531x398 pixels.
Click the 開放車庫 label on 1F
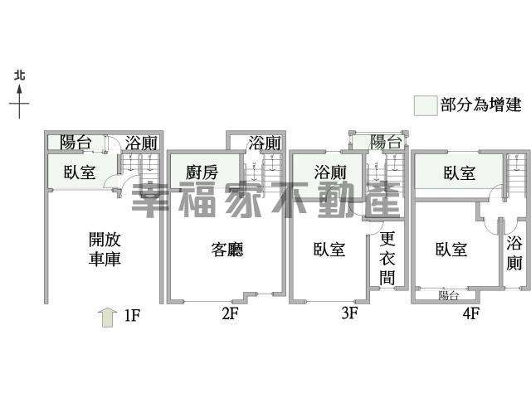point(105,249)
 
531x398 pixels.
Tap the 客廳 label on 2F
point(227,250)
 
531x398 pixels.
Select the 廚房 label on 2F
point(202,172)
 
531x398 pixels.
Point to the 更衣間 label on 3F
point(387,258)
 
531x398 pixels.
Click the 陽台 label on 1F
point(76,142)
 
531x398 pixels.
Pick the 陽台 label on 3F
point(386,142)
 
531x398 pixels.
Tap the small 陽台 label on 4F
point(448,295)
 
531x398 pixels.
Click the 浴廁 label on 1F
point(141,143)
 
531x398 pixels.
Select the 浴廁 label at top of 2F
point(264,143)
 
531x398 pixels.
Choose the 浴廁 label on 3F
point(330,172)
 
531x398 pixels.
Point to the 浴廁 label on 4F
point(514,253)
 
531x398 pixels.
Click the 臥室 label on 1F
point(80,172)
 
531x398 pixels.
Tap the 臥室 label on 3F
point(329,250)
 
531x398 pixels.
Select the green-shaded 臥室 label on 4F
point(460,172)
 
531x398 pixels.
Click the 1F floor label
point(132,316)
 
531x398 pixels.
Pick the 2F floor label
point(230,313)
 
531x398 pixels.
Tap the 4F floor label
point(470,313)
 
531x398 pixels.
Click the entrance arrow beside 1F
point(108,318)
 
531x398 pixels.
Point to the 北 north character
point(20,75)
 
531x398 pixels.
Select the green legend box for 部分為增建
point(426,106)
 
